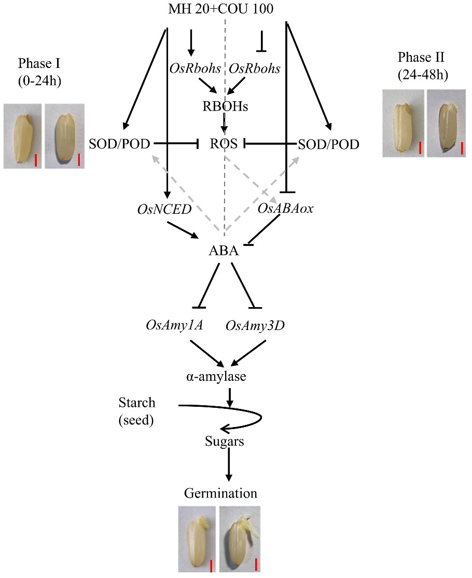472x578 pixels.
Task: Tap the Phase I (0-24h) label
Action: click(39, 72)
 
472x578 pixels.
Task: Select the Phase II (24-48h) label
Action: click(422, 65)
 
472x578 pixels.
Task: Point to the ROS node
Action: click(224, 144)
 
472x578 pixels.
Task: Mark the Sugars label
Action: click(224, 442)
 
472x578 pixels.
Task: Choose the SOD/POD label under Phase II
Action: click(329, 144)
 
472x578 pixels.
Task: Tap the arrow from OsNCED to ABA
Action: click(184, 231)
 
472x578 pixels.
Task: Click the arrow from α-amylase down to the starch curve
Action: click(230, 395)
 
